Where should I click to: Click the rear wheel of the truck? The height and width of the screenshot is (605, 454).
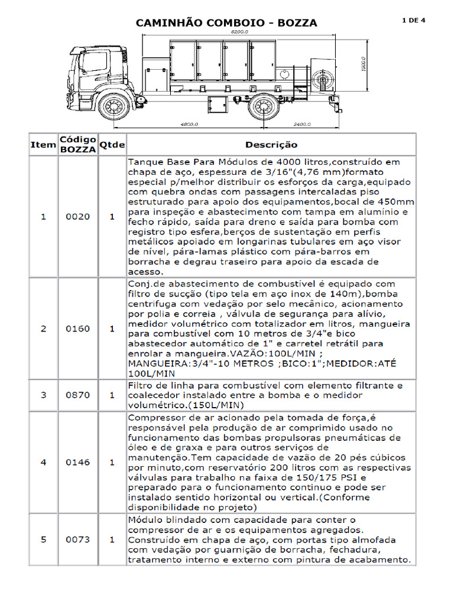pos(263,106)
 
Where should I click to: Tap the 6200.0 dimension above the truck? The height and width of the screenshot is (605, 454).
pos(239,31)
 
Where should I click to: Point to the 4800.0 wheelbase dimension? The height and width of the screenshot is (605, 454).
pos(188,125)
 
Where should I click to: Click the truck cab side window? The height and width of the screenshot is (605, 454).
pos(94,61)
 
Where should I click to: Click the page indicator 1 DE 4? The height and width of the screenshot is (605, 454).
pos(413,20)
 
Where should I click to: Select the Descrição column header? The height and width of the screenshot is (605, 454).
pos(271,145)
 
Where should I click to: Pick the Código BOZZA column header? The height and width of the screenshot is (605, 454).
pos(78,145)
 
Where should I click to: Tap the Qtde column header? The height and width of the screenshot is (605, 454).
pos(112,145)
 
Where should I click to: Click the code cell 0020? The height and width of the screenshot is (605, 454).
pos(78,217)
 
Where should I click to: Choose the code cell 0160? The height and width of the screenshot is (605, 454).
pos(78,328)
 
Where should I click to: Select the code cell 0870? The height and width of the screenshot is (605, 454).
pos(78,395)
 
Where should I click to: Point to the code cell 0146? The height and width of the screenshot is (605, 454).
pos(78,463)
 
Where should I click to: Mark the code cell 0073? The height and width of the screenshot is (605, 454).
pos(78,539)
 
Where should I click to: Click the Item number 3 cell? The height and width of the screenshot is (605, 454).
pos(43,395)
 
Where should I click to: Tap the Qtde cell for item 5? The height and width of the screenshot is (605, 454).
pos(112,539)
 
